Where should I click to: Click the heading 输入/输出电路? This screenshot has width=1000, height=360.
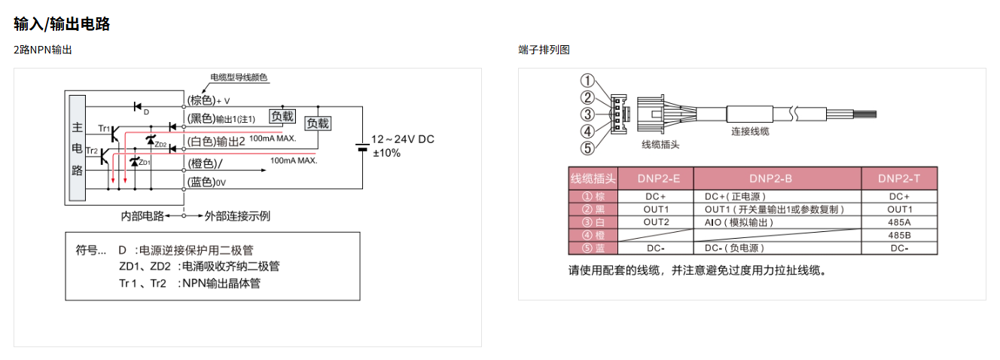click(x=62, y=24)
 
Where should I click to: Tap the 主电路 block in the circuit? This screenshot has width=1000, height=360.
click(x=77, y=148)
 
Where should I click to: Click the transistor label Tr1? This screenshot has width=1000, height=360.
click(x=104, y=129)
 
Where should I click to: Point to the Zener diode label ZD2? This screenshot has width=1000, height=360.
click(x=160, y=144)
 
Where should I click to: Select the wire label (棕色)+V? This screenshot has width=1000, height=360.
click(x=208, y=100)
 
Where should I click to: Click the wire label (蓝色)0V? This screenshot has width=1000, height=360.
click(x=206, y=182)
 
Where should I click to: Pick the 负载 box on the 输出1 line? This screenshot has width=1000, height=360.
click(x=282, y=116)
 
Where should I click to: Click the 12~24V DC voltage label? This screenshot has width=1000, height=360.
click(x=403, y=139)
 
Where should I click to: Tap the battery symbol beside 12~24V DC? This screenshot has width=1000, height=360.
click(x=362, y=146)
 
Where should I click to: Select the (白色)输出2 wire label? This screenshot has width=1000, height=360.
click(x=215, y=142)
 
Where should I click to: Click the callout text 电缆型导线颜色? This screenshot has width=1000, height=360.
click(x=239, y=77)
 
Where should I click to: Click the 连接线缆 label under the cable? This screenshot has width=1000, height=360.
click(x=750, y=131)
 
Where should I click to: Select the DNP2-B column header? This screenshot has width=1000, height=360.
click(x=777, y=178)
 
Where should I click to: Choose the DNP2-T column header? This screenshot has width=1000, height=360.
click(x=900, y=178)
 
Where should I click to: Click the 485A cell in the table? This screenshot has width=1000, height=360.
click(x=899, y=222)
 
